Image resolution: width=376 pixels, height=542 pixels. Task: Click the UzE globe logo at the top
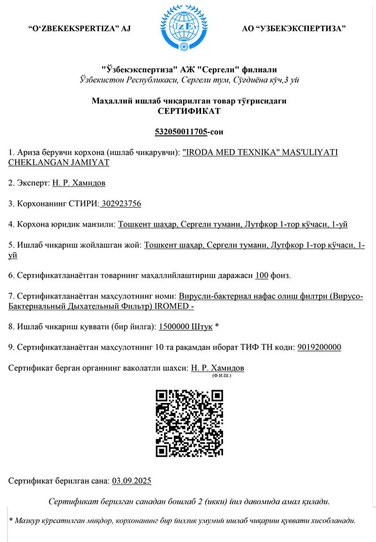tap(187, 24)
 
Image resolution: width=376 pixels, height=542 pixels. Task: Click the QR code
tap(188, 422)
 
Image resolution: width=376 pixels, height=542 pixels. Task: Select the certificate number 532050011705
tap(181, 132)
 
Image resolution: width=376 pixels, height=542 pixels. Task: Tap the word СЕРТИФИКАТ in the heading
tap(188, 112)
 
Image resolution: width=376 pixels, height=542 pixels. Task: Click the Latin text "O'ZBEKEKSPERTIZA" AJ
tap(79, 29)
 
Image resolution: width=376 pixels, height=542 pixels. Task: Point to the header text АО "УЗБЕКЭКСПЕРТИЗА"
tap(294, 29)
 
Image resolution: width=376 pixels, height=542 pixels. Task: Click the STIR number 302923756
tap(121, 204)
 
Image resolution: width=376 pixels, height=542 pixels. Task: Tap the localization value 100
tap(261, 275)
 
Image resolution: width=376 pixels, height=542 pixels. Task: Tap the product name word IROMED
tap(173, 306)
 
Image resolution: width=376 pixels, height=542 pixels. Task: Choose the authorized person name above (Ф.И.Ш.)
tap(218, 368)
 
